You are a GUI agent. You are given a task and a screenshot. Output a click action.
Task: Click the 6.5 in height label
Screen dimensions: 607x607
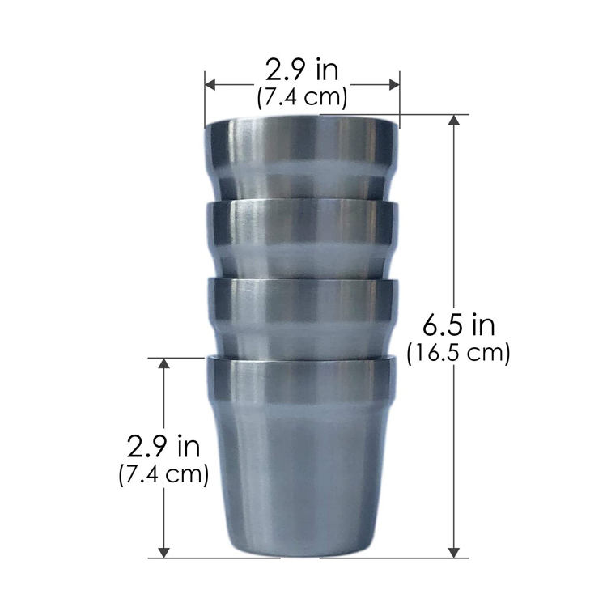(458, 325)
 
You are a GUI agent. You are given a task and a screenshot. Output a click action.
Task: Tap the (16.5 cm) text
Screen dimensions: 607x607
(458, 353)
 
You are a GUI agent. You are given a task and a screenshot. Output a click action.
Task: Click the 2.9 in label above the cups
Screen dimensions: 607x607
(302, 70)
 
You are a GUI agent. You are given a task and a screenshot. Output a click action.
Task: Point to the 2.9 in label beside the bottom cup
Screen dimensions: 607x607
(163, 447)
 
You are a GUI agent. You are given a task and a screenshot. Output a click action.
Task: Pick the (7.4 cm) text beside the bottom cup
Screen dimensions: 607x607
(163, 473)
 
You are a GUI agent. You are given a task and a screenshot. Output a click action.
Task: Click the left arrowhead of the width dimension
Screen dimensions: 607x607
(210, 85)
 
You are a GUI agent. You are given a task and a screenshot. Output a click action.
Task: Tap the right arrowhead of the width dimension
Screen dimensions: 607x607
(394, 85)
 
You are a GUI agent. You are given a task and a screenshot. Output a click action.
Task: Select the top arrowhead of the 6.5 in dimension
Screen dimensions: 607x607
(454, 120)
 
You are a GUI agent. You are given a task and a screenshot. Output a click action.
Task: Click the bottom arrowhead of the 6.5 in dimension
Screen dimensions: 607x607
(454, 553)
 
